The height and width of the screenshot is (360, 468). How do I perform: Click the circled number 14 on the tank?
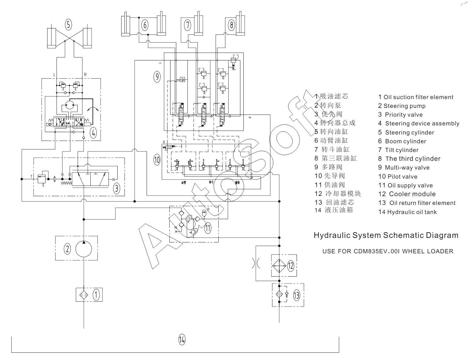(x=182, y=340)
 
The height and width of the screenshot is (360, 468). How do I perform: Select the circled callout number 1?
(x=96, y=294)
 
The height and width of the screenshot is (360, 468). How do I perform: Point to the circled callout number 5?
(x=69, y=24)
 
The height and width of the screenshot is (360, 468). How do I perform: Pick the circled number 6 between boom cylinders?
(x=145, y=25)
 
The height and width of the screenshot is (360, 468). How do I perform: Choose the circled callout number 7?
(x=188, y=25)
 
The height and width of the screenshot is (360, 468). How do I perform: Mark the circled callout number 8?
(x=232, y=25)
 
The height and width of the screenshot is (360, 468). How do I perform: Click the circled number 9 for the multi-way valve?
(x=157, y=77)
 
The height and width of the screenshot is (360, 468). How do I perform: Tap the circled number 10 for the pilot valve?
(x=157, y=160)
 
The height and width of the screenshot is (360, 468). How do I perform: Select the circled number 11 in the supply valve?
(x=208, y=228)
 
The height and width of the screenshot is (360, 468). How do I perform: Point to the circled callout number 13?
(x=297, y=295)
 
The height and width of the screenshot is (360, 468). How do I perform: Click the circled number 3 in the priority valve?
(x=117, y=188)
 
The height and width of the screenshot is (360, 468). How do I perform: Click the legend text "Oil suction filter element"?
(x=418, y=97)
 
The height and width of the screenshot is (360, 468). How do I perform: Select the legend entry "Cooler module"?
(x=412, y=194)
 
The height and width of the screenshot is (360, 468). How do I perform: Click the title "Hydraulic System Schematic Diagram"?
(x=386, y=235)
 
